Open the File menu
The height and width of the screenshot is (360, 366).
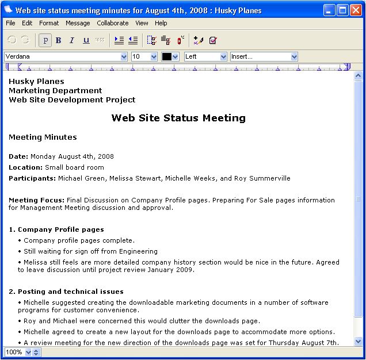pyautogui.click(x=10, y=23)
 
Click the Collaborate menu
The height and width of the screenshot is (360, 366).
pyautogui.click(x=113, y=23)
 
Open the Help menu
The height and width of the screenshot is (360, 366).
pyautogui.click(x=161, y=23)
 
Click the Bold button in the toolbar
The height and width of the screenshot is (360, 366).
pyautogui.click(x=58, y=40)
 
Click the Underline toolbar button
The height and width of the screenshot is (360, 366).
pyautogui.click(x=86, y=40)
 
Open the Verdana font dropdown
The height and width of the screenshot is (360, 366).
pyautogui.click(x=66, y=56)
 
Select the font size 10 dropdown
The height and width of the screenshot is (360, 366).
pyautogui.click(x=144, y=56)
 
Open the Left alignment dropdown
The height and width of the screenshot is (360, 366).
pyautogui.click(x=205, y=56)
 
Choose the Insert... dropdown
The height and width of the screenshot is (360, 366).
pyautogui.click(x=264, y=56)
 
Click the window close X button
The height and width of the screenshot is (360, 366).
pyautogui.click(x=356, y=10)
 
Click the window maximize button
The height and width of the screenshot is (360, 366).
pyautogui.click(x=343, y=10)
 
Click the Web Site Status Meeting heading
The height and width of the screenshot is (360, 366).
pyautogui.click(x=178, y=118)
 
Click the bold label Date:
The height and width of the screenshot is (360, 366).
pyautogui.click(x=18, y=156)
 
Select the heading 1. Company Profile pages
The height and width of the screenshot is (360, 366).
pyautogui.click(x=56, y=229)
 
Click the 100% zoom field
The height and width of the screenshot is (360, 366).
pyautogui.click(x=14, y=352)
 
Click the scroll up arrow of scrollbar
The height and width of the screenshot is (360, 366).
pyautogui.click(x=359, y=76)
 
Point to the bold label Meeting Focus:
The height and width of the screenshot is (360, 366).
pyautogui.click(x=36, y=200)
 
